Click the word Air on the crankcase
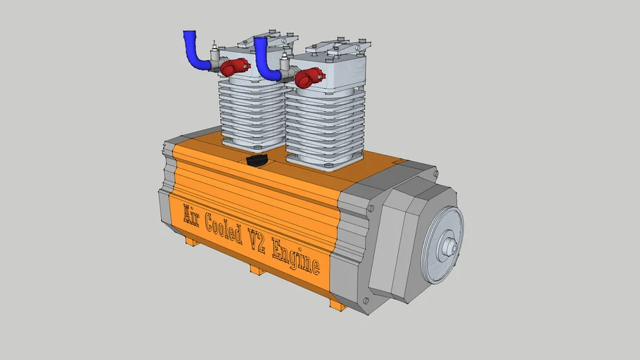[x=192, y=215]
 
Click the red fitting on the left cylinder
[x=233, y=67]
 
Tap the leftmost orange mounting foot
[x=191, y=240]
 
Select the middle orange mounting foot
[x=257, y=269]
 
